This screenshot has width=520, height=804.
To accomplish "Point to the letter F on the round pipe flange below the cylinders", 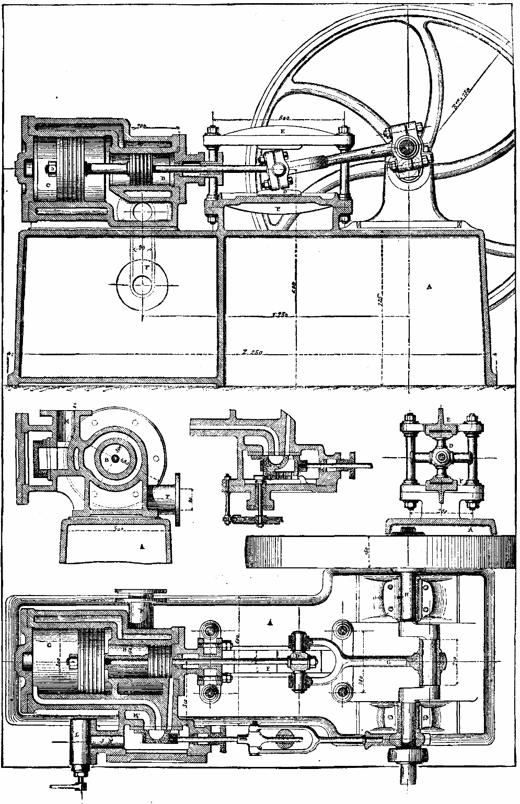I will (147, 267).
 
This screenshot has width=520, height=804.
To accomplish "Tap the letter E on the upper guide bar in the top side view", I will (282, 132).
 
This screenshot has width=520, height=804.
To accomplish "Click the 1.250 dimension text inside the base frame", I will (282, 315).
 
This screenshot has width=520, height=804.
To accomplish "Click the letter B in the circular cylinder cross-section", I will (107, 460).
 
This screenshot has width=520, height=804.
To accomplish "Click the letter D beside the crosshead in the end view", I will (450, 446).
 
